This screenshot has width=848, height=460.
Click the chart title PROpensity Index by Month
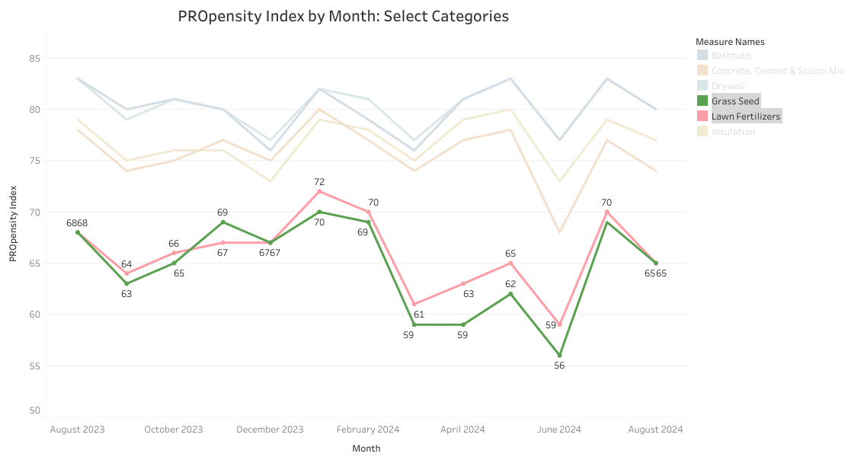point(343,16)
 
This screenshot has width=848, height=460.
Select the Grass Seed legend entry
point(735,101)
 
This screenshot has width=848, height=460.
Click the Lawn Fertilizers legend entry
point(746,117)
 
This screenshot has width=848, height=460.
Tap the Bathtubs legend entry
point(731,55)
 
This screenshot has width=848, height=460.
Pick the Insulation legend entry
point(733,132)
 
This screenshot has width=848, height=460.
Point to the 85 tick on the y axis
point(34,58)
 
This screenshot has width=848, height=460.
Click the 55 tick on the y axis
point(34,366)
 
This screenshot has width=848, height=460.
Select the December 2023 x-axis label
point(270,430)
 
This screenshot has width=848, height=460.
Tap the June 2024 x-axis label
point(559,430)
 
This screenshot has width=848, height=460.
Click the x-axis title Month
point(366,449)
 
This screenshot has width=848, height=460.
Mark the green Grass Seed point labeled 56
point(559,355)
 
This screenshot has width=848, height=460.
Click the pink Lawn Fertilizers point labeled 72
point(319,191)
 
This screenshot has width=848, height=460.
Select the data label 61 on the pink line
point(419,314)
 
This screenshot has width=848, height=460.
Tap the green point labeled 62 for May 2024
point(510,294)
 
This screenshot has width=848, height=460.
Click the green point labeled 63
point(126,283)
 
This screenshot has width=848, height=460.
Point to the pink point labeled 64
point(126,273)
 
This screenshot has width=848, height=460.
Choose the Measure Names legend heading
point(730,41)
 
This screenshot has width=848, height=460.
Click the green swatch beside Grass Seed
point(702,101)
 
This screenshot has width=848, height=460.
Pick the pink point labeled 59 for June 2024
point(559,324)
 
